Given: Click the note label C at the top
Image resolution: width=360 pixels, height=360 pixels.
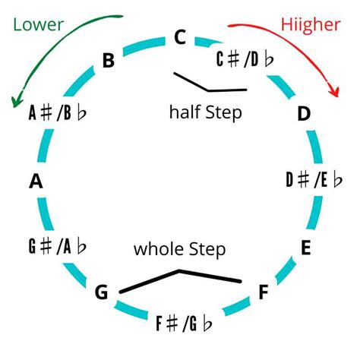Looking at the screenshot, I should click(x=179, y=37).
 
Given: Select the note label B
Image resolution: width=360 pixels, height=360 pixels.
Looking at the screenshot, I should click(x=109, y=60).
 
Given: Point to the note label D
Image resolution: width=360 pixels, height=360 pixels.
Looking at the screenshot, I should click(x=304, y=114).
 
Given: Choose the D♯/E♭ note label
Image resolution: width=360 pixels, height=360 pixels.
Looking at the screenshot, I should click(x=314, y=180).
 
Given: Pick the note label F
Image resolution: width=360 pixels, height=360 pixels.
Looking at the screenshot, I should click(x=264, y=292).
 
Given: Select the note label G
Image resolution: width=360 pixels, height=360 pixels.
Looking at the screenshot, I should click(x=102, y=292).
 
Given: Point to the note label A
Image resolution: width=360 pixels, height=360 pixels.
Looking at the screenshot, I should click(x=35, y=182).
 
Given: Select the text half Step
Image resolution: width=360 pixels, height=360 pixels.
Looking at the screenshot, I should click(x=205, y=113).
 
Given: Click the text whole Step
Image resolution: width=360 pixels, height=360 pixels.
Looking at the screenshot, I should click(x=180, y=248).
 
